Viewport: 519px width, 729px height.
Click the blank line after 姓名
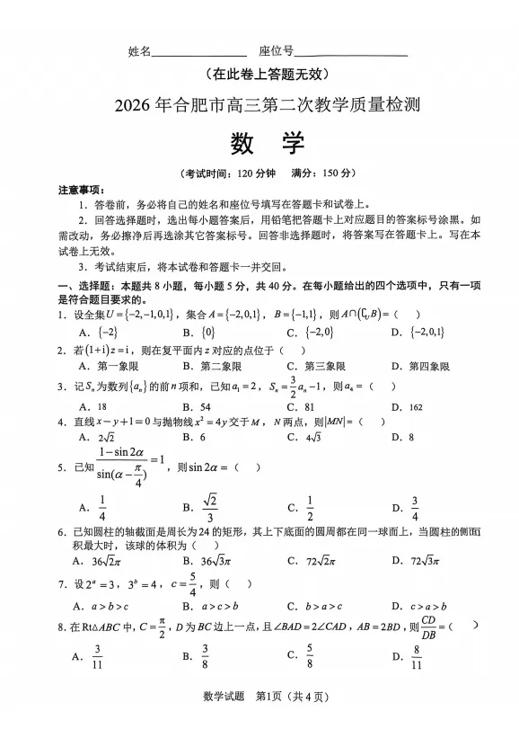199,54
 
